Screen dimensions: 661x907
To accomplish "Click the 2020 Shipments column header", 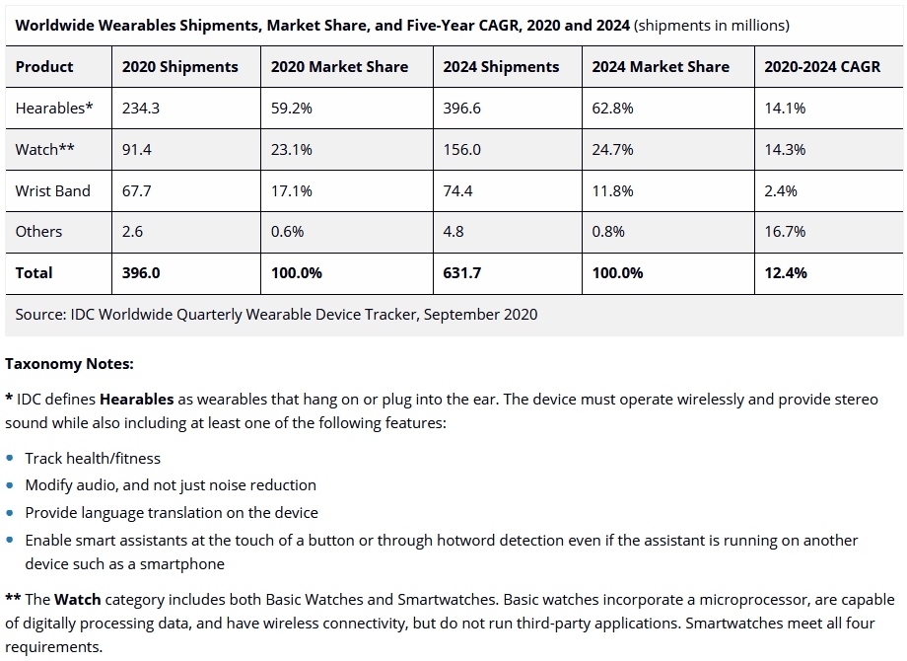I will pyautogui.click(x=179, y=67).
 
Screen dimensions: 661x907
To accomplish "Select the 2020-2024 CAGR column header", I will pyautogui.click(x=822, y=67).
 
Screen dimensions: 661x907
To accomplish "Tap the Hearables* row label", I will pyautogui.click(x=54, y=109).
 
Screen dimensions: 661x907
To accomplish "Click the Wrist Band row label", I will pyautogui.click(x=52, y=190).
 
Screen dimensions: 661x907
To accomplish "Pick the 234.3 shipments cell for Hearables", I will pyautogui.click(x=141, y=109).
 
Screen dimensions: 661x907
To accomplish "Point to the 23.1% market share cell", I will pyautogui.click(x=292, y=150).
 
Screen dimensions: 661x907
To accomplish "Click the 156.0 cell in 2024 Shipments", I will pyautogui.click(x=462, y=150).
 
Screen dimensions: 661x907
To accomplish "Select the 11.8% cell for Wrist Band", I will pyautogui.click(x=612, y=190).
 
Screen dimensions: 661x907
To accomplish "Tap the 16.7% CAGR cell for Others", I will pyautogui.click(x=785, y=232).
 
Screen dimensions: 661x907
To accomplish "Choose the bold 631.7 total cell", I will pyautogui.click(x=462, y=273).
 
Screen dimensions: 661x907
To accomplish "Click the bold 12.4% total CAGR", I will pyautogui.click(x=786, y=273).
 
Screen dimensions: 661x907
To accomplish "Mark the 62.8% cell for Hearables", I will pyautogui.click(x=612, y=109).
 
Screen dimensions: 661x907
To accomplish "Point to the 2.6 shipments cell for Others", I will pyautogui.click(x=132, y=232).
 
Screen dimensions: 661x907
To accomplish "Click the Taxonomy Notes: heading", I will pyautogui.click(x=69, y=364).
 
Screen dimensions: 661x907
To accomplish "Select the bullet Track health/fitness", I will pyautogui.click(x=93, y=459).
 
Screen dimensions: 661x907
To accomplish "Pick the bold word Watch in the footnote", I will pyautogui.click(x=77, y=600).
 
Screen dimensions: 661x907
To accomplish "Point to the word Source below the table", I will pyautogui.click(x=39, y=315).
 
